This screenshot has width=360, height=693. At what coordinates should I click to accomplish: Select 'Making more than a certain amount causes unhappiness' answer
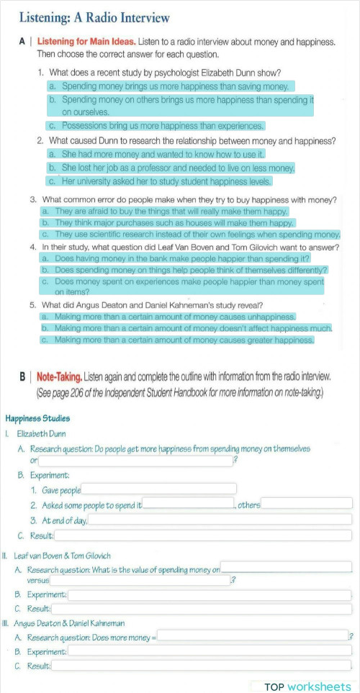pyautogui.click(x=168, y=317)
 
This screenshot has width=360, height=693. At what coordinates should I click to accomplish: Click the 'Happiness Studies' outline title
pyautogui.click(x=37, y=418)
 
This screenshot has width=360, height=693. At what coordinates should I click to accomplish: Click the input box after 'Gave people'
pyautogui.click(x=159, y=490)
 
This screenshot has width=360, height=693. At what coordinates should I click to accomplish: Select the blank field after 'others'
pyautogui.click(x=307, y=504)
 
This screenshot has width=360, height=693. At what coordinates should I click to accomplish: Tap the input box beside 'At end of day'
pyautogui.click(x=220, y=520)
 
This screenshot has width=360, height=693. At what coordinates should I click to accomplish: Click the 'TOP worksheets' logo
pyautogui.click(x=307, y=687)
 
